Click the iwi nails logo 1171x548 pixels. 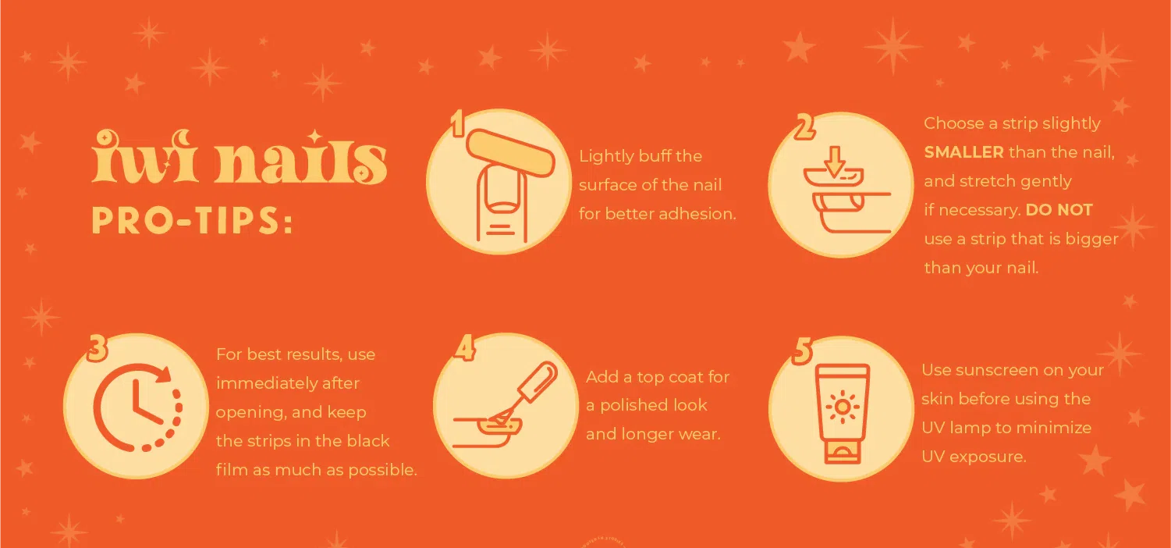(240, 157)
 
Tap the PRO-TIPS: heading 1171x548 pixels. (193, 221)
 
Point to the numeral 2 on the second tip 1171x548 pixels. (804, 127)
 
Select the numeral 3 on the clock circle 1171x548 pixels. (98, 347)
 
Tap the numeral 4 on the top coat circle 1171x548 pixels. (465, 347)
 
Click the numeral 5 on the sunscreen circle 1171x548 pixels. (803, 351)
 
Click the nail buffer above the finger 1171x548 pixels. (511, 153)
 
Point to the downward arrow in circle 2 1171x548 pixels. (835, 161)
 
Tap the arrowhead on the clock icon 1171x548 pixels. (165, 374)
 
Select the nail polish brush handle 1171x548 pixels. (538, 382)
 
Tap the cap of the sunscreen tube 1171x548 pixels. (842, 453)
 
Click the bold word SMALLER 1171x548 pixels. (963, 152)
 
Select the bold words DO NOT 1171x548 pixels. (1059, 210)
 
